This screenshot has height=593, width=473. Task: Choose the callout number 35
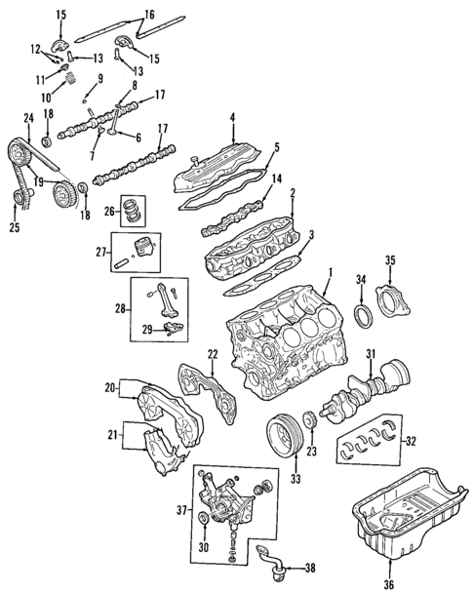pyautogui.click(x=390, y=259)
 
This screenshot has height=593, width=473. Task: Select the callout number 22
pyautogui.click(x=212, y=352)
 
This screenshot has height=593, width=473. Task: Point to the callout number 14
pyautogui.click(x=276, y=178)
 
